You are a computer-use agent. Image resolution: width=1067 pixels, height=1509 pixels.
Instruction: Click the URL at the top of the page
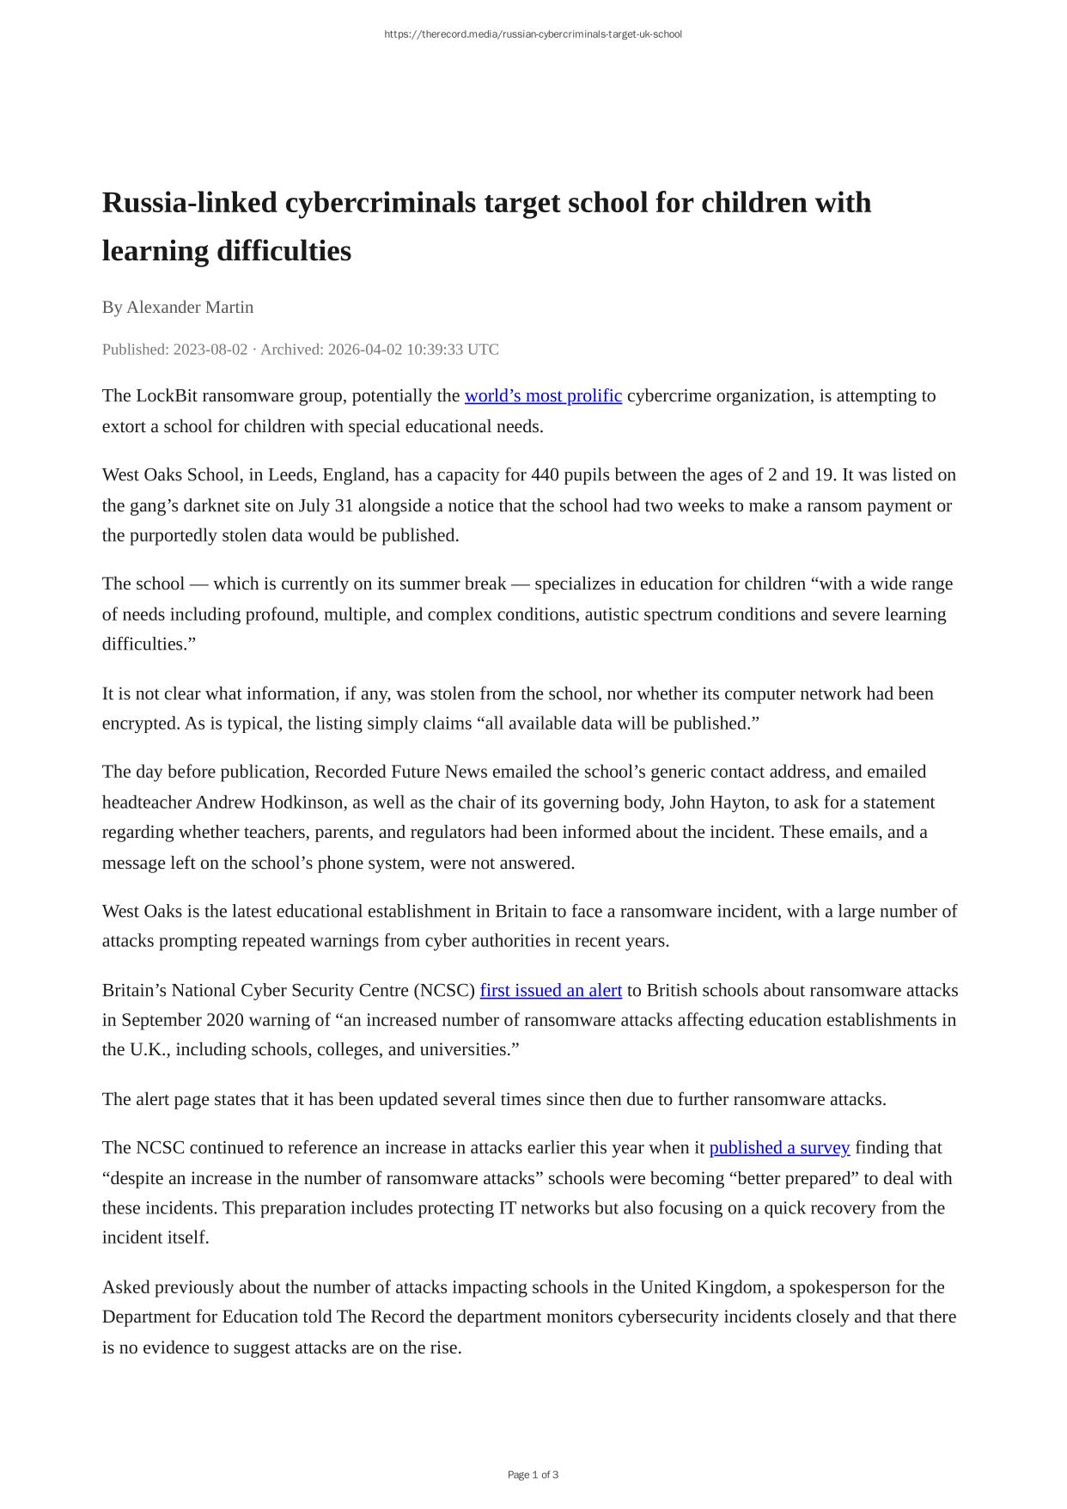click(x=533, y=34)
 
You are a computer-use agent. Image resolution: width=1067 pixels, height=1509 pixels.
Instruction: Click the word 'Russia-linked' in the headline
click(x=189, y=203)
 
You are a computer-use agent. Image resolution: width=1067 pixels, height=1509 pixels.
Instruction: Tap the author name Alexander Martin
click(x=190, y=307)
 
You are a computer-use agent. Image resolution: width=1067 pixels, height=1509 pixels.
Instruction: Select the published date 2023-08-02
click(x=210, y=349)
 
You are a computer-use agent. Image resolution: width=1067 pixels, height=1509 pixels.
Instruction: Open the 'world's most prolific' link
click(x=543, y=395)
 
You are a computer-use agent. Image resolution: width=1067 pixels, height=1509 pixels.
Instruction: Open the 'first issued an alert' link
click(x=551, y=990)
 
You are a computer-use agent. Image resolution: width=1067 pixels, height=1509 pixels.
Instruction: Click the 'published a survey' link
click(x=779, y=1147)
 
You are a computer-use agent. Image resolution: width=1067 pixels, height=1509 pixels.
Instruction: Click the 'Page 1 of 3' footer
click(x=533, y=1475)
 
